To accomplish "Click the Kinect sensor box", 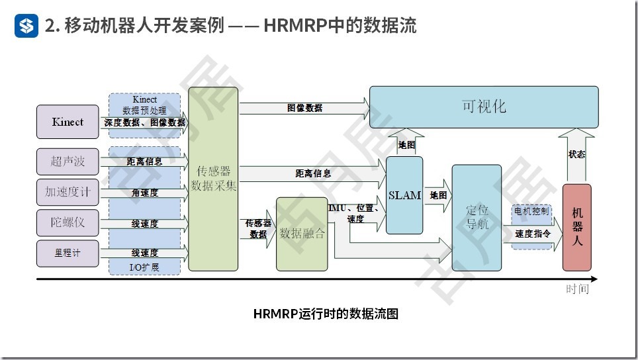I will [68, 122].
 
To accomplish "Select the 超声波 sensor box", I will [68, 161].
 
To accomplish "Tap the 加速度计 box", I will [68, 192].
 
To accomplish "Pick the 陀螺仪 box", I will [68, 222].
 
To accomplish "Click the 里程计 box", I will [68, 252].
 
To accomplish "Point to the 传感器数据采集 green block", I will [213, 179].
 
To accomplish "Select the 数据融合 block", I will [302, 234].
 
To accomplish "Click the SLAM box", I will [404, 195].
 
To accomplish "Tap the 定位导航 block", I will [477, 217].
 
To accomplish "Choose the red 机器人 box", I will [576, 227].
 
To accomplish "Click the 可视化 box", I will [484, 107].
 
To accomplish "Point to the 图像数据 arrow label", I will [304, 107].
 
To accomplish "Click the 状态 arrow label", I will [576, 154].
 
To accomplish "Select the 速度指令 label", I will [532, 234].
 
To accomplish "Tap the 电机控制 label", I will [531, 212].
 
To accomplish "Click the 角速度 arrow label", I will [144, 193].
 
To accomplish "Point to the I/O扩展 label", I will [144, 267].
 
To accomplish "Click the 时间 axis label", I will [576, 290].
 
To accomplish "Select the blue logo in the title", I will [26, 26].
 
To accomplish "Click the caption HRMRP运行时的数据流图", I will [326, 313].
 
